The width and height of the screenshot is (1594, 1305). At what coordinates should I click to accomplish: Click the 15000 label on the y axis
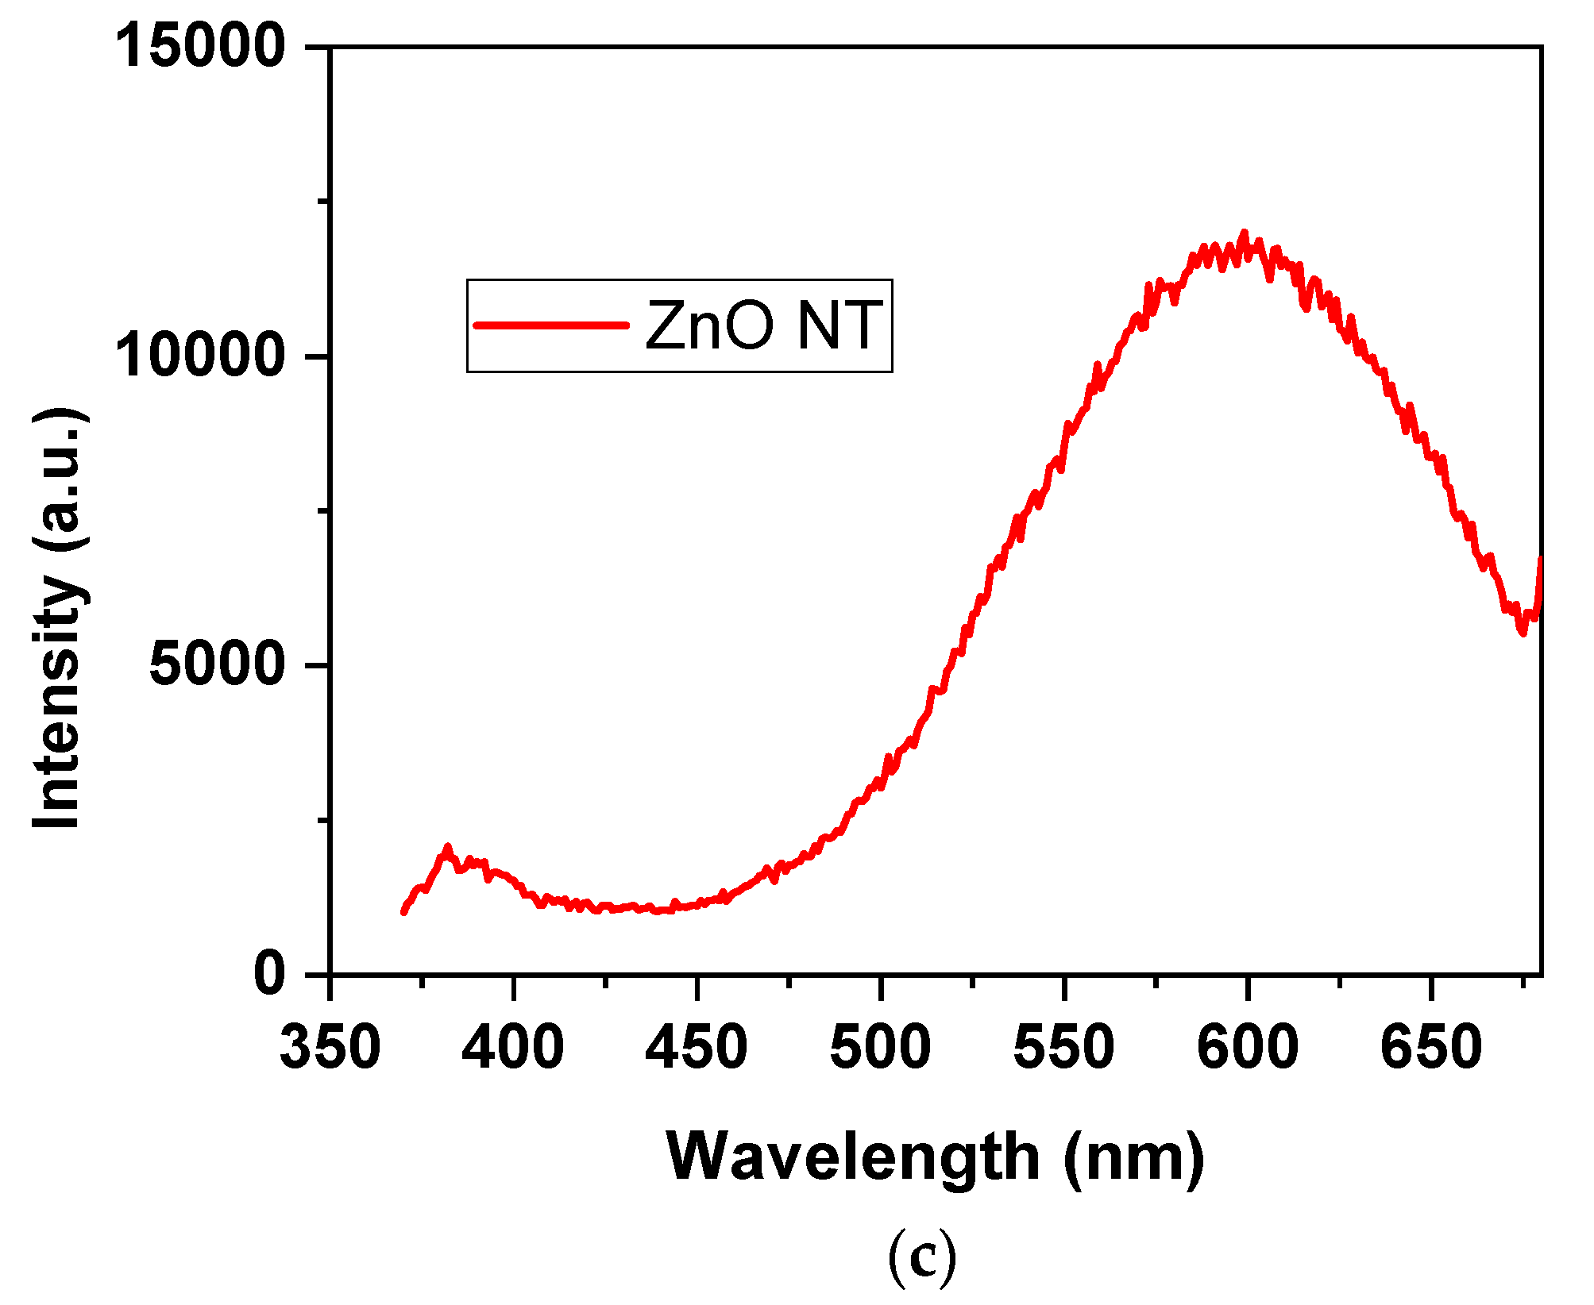pos(200,45)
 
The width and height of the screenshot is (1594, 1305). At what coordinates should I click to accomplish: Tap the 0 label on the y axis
pos(270,973)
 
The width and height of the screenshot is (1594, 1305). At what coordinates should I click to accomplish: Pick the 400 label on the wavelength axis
pos(513,1047)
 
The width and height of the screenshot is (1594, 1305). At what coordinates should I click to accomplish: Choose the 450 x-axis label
pos(697,1047)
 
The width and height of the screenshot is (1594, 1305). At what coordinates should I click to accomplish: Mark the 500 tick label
pos(880,1047)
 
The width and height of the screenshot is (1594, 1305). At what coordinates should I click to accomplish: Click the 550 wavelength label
pos(1063,1047)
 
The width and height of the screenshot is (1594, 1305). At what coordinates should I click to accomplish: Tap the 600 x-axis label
pos(1247,1047)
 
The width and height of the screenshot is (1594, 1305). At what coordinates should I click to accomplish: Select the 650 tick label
pos(1430,1047)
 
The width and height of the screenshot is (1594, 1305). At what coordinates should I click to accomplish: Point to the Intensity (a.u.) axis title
pos(60,619)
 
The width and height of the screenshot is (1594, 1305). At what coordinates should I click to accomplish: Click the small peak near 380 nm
pos(447,848)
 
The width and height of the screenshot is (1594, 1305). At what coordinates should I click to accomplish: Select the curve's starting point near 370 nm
pos(403,912)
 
